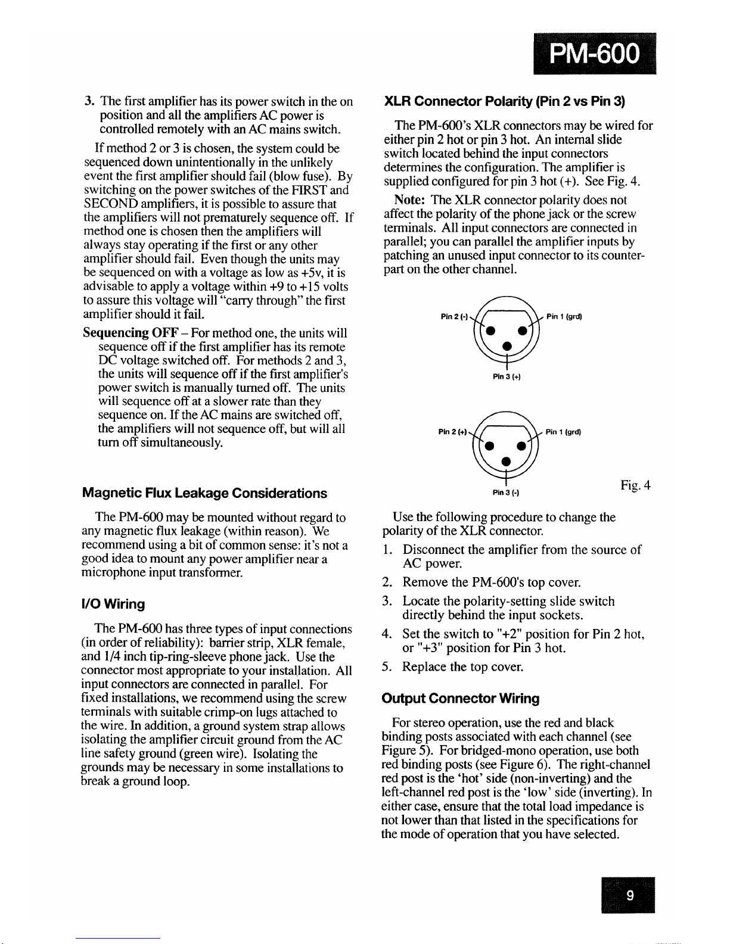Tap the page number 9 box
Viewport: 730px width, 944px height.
pyautogui.click(x=628, y=895)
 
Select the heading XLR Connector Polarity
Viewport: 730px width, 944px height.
pyautogui.click(x=504, y=101)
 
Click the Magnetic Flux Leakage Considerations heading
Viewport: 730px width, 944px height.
pyautogui.click(x=204, y=493)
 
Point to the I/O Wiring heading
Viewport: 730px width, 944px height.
pyautogui.click(x=113, y=605)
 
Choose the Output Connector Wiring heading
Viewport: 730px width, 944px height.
pyautogui.click(x=461, y=699)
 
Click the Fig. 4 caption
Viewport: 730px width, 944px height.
pyautogui.click(x=635, y=485)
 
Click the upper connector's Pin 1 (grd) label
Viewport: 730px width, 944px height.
pyautogui.click(x=564, y=317)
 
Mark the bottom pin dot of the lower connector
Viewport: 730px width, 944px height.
pyautogui.click(x=506, y=461)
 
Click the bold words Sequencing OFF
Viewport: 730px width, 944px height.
pyautogui.click(x=126, y=333)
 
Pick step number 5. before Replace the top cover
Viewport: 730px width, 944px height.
pyautogui.click(x=387, y=667)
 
